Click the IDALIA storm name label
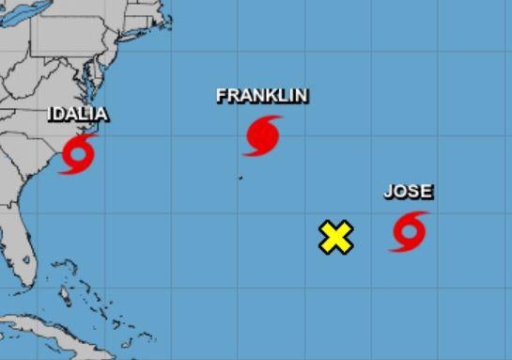tap(78, 115)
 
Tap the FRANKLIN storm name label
tap(262, 96)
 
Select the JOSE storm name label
tap(409, 192)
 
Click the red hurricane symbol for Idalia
tap(78, 153)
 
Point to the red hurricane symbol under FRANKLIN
tap(262, 135)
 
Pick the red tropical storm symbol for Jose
tap(409, 231)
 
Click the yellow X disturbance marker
tap(335, 238)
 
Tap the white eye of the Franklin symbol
tap(262, 135)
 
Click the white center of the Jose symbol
tap(409, 231)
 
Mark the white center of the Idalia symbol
tap(78, 153)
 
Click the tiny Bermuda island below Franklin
tap(240, 177)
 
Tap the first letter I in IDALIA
tap(53, 115)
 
